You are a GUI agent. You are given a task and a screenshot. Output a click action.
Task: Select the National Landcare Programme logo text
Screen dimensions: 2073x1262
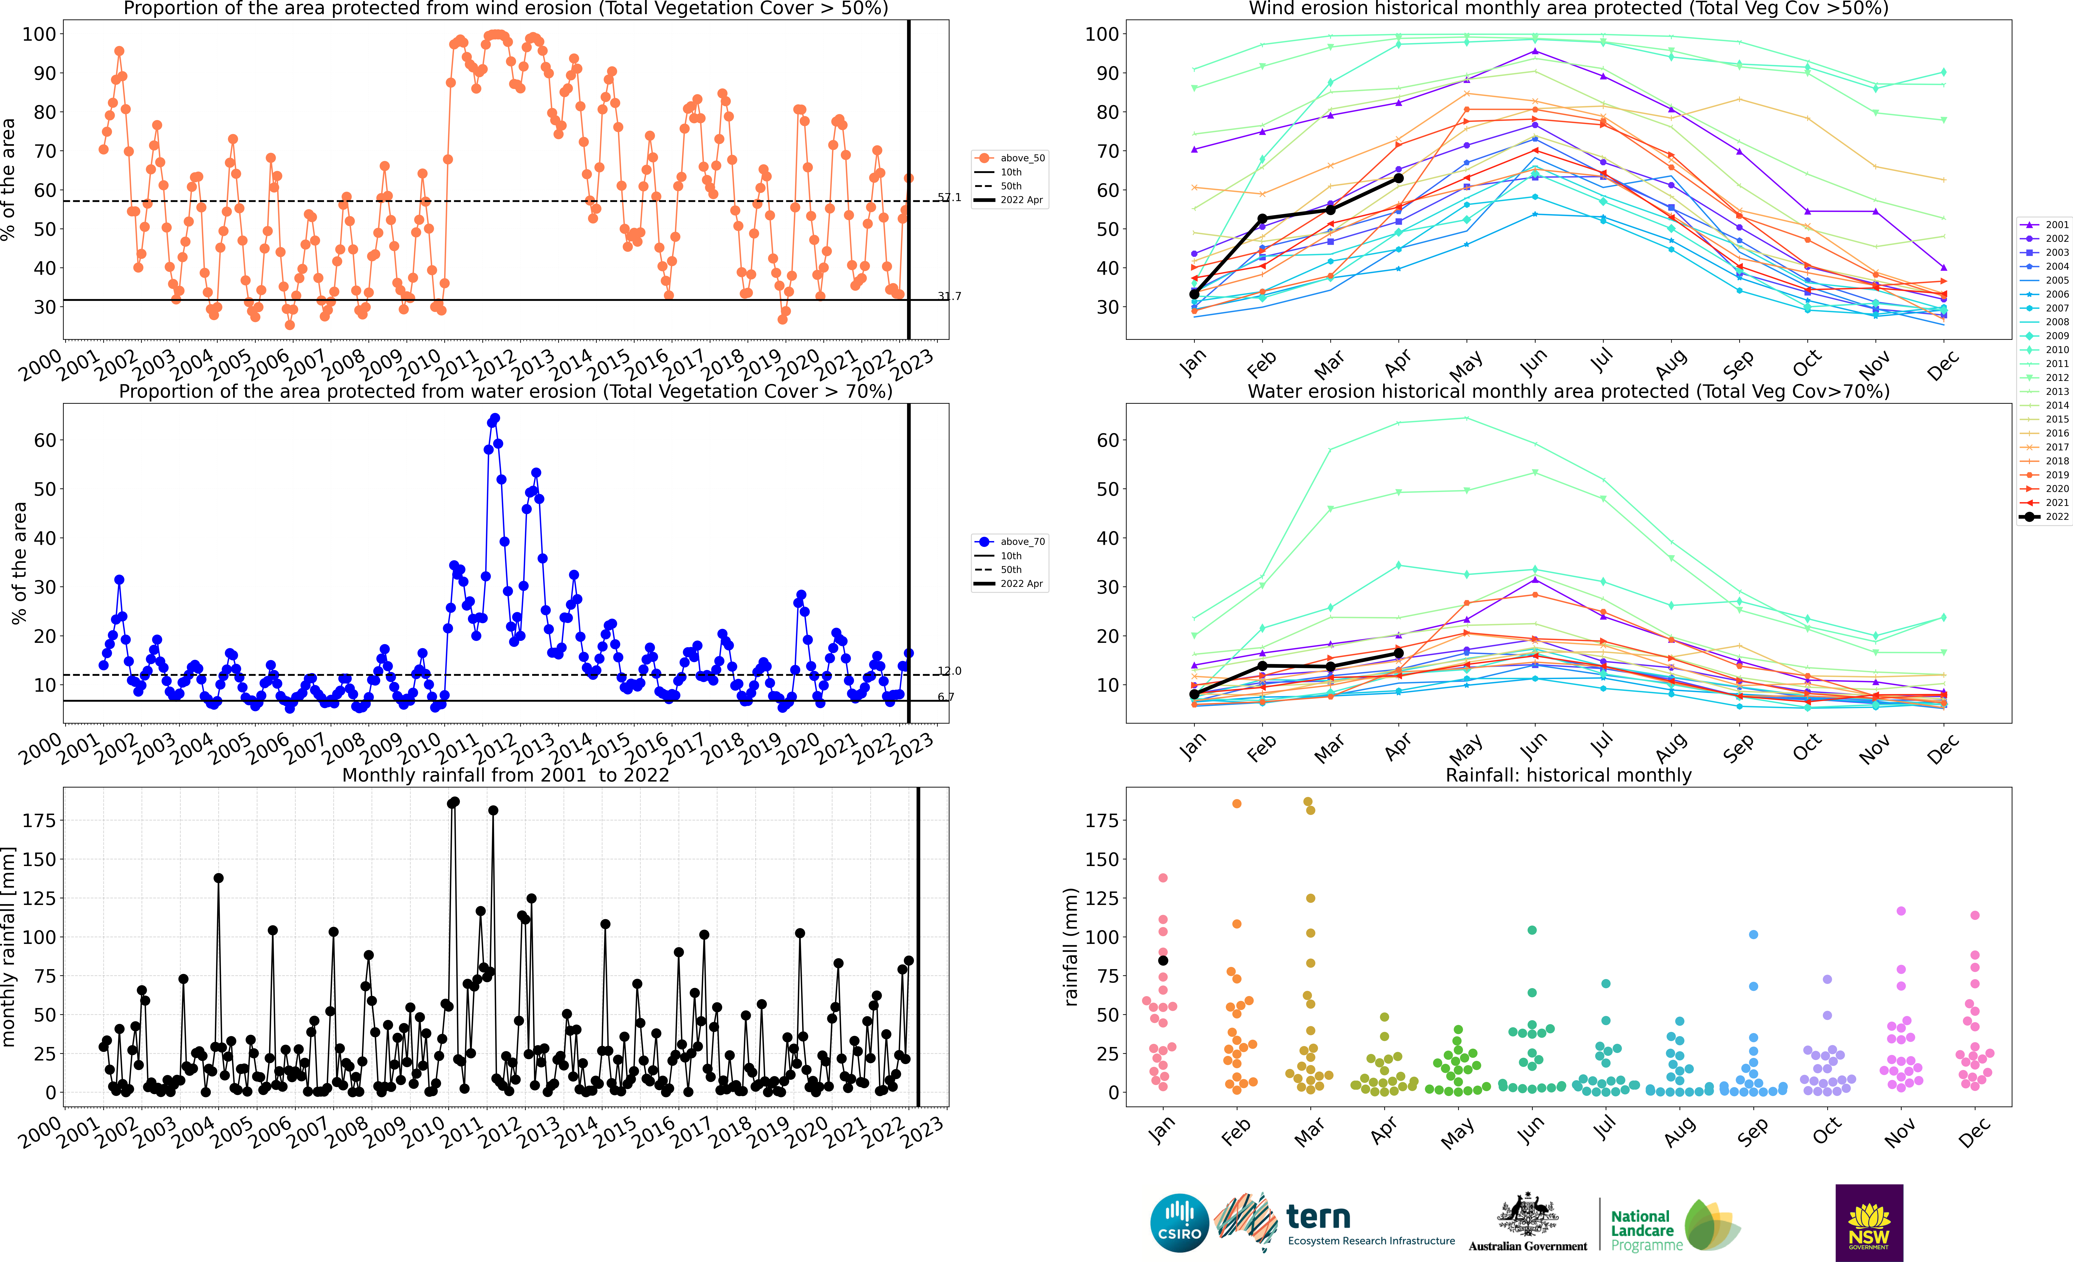[x=1646, y=1230]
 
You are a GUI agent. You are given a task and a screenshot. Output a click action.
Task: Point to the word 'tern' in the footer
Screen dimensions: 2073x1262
[x=1318, y=1217]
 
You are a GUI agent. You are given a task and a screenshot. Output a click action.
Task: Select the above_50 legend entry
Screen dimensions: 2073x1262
[x=1010, y=158]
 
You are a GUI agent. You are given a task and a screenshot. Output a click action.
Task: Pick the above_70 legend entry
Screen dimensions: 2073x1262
[x=1010, y=542]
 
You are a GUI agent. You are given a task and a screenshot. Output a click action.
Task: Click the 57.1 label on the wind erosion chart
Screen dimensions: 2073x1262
[x=949, y=198]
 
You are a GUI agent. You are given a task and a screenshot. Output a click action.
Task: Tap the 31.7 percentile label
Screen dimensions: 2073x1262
[x=949, y=296]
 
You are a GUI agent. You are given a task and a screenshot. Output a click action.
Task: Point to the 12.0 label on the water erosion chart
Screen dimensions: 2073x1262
[x=949, y=670]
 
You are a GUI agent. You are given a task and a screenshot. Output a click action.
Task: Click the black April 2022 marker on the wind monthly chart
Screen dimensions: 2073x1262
[x=1398, y=178]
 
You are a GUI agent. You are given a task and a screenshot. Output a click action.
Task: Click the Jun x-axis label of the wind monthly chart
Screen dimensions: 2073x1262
[x=1533, y=363]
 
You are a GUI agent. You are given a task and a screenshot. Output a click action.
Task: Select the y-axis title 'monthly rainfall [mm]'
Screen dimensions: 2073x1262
[x=9, y=947]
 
